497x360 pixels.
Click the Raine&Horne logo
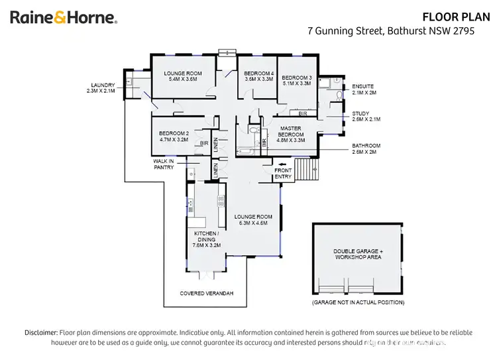(x=63, y=18)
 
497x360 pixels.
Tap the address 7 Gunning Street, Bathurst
(x=391, y=31)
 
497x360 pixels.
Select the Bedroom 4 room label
(x=258, y=76)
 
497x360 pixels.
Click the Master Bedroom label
(x=290, y=132)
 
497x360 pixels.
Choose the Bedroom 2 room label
(x=174, y=137)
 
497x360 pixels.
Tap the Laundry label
(x=103, y=88)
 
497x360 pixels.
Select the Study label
(x=366, y=116)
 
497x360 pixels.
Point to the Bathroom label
(x=366, y=149)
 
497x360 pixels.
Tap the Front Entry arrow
(x=284, y=166)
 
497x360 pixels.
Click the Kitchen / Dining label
(x=206, y=239)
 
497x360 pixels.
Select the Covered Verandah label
(x=207, y=293)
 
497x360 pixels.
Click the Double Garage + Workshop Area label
(x=357, y=254)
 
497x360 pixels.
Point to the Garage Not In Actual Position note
(x=358, y=302)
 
